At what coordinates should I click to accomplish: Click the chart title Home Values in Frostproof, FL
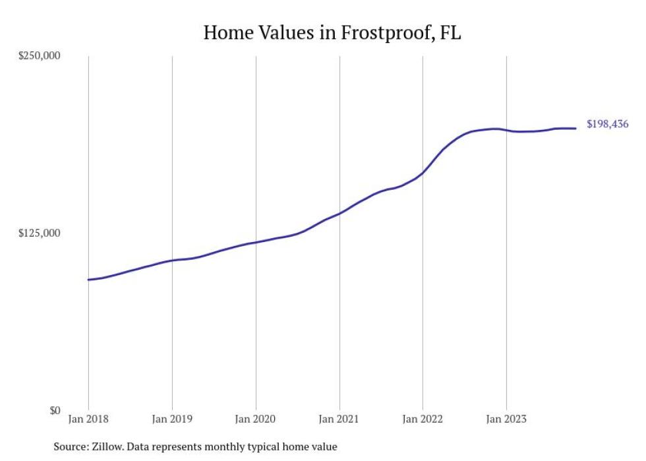click(x=332, y=32)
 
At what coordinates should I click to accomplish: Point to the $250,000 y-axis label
click(x=39, y=56)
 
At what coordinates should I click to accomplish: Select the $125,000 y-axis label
click(x=39, y=233)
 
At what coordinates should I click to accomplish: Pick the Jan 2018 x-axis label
click(x=88, y=419)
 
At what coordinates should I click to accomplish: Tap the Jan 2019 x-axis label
click(x=172, y=419)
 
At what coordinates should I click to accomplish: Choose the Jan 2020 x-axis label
click(x=256, y=419)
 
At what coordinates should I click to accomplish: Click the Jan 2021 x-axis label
click(x=339, y=419)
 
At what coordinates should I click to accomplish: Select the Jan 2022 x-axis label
click(x=423, y=419)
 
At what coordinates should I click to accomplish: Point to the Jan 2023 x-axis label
click(x=506, y=419)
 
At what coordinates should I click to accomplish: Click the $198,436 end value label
click(x=607, y=124)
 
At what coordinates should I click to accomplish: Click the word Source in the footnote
click(x=69, y=447)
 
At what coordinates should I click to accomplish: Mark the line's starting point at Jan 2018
click(x=88, y=280)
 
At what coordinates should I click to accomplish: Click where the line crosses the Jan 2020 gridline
click(x=256, y=242)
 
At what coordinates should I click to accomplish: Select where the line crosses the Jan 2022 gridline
click(x=423, y=173)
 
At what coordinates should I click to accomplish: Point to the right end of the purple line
click(x=576, y=128)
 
